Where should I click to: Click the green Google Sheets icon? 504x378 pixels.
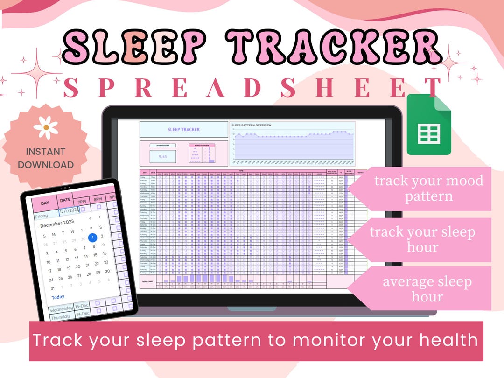[x=429, y=125]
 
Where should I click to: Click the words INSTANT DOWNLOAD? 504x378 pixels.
[x=46, y=158]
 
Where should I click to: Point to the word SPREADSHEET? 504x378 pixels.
[x=252, y=88]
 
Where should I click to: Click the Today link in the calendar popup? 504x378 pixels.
[x=58, y=297]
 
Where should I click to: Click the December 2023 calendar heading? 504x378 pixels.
[x=57, y=225]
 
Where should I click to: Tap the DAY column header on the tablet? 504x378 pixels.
[x=45, y=203]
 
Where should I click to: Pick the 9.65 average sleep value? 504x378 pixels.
[x=163, y=157]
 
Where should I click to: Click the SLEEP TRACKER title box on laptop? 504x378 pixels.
[x=184, y=130]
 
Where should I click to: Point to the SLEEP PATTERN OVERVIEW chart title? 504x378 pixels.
[x=252, y=125]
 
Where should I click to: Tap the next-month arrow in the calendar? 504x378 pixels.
[x=100, y=217]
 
